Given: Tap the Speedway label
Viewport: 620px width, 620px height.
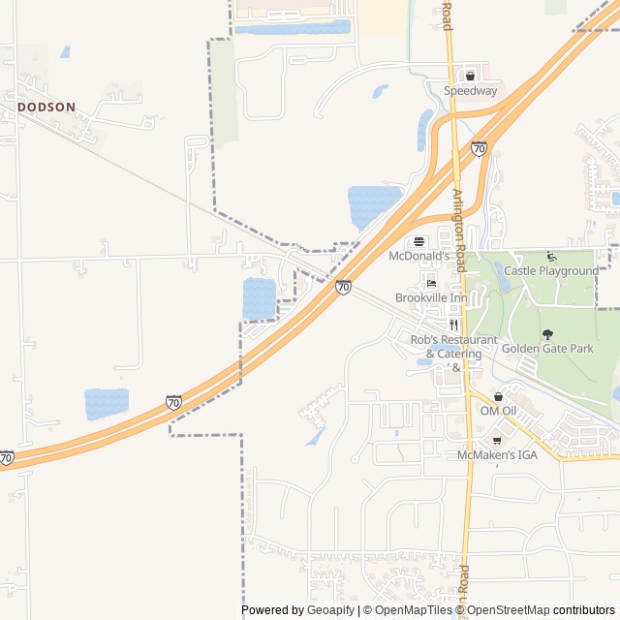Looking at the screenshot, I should tap(471, 91).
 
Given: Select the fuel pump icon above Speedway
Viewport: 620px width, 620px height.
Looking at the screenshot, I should tap(471, 76).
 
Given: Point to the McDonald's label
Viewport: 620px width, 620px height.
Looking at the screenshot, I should tap(419, 257).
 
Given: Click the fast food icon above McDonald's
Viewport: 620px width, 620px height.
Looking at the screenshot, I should tap(419, 241).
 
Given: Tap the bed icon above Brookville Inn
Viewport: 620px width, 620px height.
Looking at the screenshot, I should tap(431, 282).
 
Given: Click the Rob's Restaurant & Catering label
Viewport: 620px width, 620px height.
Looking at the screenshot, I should tap(453, 347).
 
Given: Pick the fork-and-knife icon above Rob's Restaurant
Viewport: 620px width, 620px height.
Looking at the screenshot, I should tap(453, 325).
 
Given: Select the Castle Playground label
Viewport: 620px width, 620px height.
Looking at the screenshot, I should tap(551, 271).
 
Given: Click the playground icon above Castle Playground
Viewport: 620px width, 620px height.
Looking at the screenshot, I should tap(551, 256).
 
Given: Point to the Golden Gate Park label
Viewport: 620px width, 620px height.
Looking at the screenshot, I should tap(547, 348).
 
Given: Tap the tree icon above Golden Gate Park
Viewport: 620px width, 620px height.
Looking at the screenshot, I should tap(547, 333).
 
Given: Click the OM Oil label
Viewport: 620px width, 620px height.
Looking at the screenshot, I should tap(499, 411).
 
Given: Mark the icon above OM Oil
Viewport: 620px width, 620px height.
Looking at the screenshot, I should tap(499, 396).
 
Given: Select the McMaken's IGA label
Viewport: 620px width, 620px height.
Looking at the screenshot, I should tap(497, 454).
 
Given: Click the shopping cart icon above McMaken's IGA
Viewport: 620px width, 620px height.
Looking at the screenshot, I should tap(497, 440).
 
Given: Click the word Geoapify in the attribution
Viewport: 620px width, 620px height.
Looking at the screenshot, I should tap(332, 610).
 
